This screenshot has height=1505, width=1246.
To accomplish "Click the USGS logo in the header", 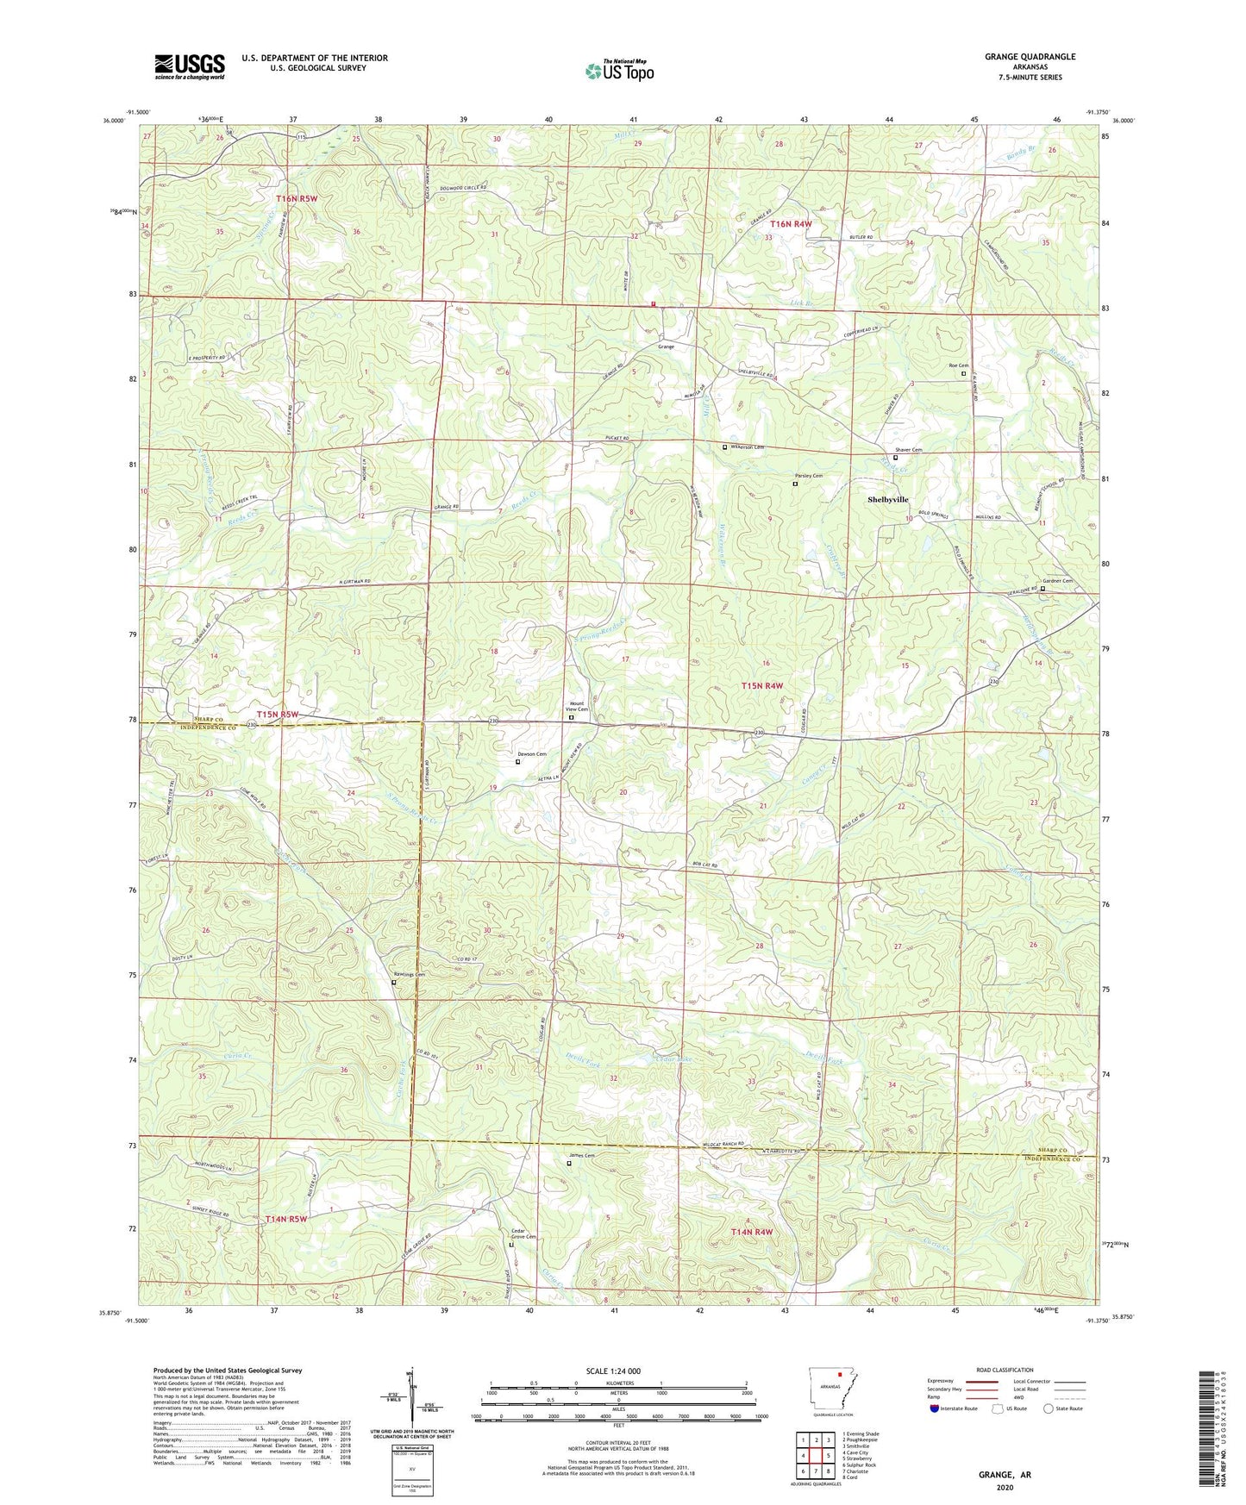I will (x=190, y=66).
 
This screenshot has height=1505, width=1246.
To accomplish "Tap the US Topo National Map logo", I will (x=618, y=71).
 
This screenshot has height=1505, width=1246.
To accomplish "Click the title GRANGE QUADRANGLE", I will (x=1030, y=57).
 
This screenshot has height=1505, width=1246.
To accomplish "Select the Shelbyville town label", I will (x=887, y=500).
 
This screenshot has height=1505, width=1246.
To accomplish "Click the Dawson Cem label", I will (x=531, y=754).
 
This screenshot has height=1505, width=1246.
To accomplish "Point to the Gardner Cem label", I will (x=1057, y=581).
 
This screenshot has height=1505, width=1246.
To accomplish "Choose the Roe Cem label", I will (x=957, y=365).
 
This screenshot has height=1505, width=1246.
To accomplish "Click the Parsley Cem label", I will (x=808, y=476).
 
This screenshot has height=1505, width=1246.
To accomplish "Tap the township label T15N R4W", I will (x=762, y=685).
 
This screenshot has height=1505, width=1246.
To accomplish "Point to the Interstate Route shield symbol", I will (x=934, y=1409).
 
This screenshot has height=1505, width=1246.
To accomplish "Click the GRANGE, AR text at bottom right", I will (x=1005, y=1475).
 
